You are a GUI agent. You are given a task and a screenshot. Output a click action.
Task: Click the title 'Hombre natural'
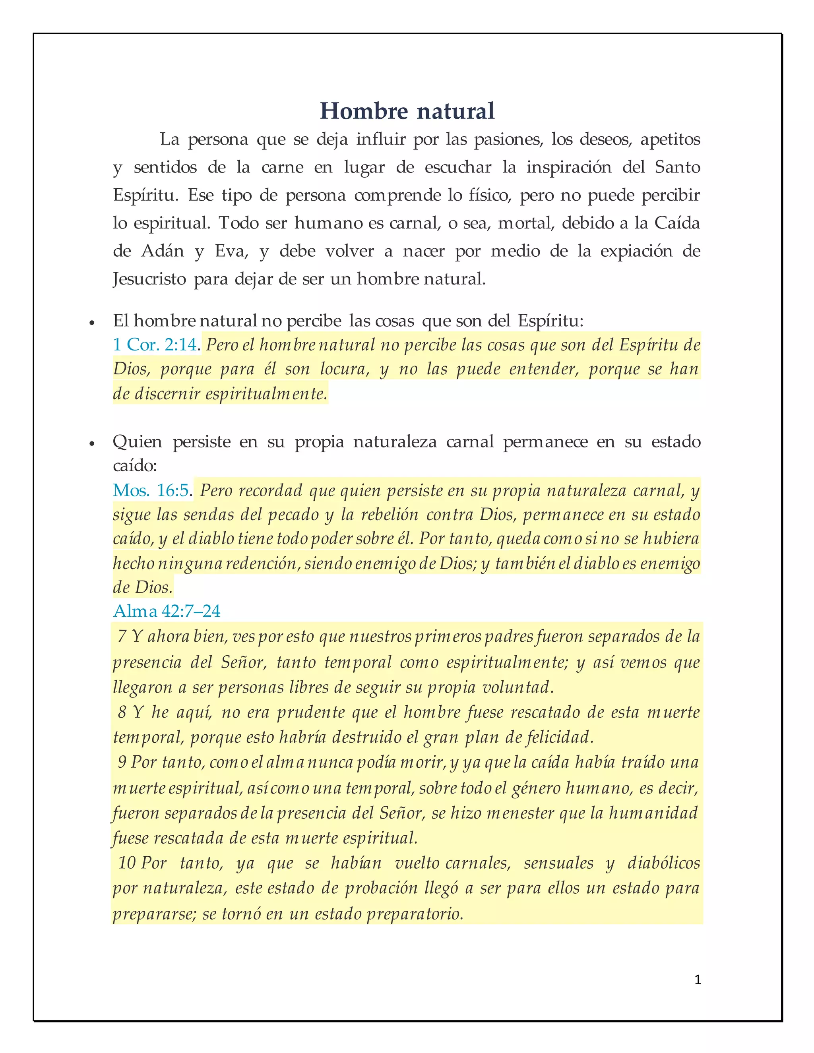pos(407,111)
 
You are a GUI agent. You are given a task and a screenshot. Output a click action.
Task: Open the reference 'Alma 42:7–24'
pos(167,611)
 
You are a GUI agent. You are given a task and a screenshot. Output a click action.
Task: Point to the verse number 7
pos(122,637)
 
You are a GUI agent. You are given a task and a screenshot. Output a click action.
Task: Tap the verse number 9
pos(122,762)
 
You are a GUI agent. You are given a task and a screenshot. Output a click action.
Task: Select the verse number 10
pos(126,862)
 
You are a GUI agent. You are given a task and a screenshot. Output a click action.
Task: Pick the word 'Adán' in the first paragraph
pos(163,251)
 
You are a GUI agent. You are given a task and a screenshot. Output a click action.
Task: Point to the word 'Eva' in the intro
pos(231,251)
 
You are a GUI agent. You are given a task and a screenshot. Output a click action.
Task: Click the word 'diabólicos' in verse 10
pos(663,862)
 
